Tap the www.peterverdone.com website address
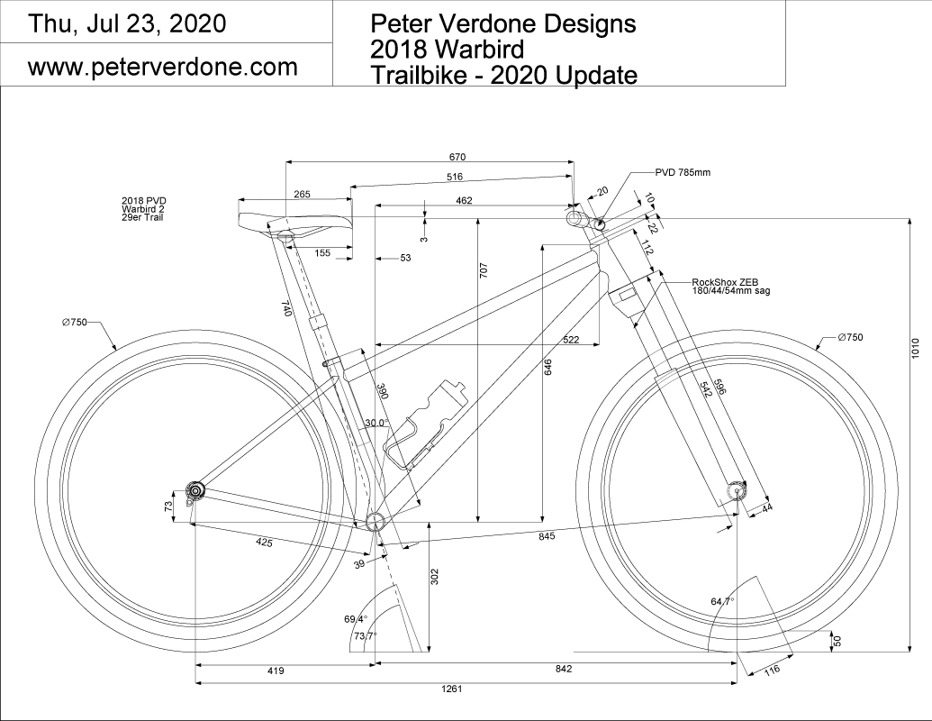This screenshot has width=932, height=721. pos(163,68)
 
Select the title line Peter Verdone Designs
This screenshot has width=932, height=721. pos(503,23)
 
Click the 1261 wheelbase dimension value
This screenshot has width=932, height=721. pos(452,689)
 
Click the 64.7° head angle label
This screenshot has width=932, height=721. pos(722,601)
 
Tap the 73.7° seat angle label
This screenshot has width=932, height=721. pos(364,636)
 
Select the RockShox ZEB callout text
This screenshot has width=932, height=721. pos(730,287)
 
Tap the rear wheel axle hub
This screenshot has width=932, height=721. pos(195,489)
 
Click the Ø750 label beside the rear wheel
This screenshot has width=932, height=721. pos(74,322)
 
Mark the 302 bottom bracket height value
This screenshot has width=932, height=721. pos(434,578)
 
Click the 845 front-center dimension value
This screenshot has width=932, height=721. pos(546,535)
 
